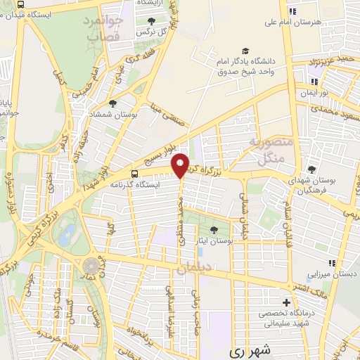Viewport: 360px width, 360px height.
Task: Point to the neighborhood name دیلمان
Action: point(193,267)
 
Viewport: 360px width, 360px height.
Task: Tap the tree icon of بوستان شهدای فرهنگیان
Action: point(311,169)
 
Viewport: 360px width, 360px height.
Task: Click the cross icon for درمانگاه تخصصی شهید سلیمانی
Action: point(286,302)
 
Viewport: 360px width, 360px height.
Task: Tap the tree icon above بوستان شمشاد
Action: point(113,103)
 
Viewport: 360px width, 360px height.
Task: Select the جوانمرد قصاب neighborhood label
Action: point(103,30)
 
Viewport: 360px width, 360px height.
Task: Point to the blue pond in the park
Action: point(67,235)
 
